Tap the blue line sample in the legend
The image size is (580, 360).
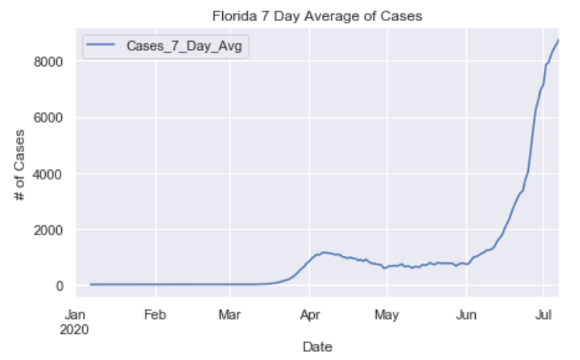[100, 47]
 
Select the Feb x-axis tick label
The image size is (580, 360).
[154, 316]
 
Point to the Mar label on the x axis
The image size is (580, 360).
[230, 316]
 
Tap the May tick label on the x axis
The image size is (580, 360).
[387, 316]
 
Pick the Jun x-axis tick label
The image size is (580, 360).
[466, 316]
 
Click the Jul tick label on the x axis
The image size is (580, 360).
[543, 316]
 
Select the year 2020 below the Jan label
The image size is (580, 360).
[76, 329]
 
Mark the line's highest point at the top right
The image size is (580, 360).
[558, 40]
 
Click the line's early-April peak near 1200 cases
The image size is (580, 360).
[324, 252]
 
